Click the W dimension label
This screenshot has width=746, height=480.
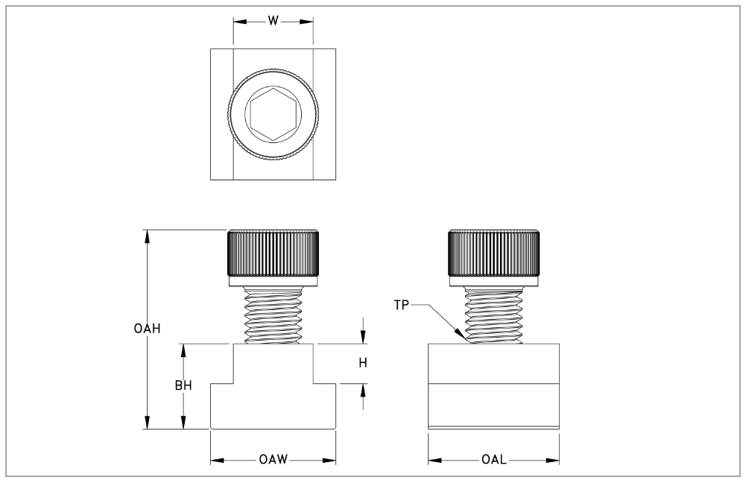pyautogui.click(x=273, y=20)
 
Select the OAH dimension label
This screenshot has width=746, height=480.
pyautogui.click(x=147, y=328)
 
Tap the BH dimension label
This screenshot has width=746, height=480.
pyautogui.click(x=183, y=385)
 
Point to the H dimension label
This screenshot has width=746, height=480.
pyautogui.click(x=363, y=363)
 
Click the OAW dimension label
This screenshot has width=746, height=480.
pyautogui.click(x=273, y=460)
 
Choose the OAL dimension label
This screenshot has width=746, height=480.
pyautogui.click(x=494, y=460)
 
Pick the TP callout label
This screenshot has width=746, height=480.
pyautogui.click(x=402, y=305)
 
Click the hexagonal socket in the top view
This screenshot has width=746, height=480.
pyautogui.click(x=273, y=114)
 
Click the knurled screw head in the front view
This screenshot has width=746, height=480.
pyautogui.click(x=273, y=253)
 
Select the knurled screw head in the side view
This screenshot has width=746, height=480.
pyautogui.click(x=494, y=253)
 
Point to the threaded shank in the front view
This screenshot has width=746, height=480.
pyautogui.click(x=273, y=315)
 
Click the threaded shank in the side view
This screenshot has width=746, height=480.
pyautogui.click(x=494, y=315)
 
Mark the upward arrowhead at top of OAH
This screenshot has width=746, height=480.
pyautogui.click(x=148, y=236)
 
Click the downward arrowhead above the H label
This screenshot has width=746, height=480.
pyautogui.click(x=364, y=337)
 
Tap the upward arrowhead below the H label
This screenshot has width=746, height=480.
pyautogui.click(x=364, y=391)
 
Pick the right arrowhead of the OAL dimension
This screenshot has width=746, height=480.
pyautogui.click(x=552, y=460)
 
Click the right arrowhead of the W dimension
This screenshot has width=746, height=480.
pyautogui.click(x=306, y=22)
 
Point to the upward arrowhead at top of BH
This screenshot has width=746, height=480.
pyautogui.click(x=183, y=350)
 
